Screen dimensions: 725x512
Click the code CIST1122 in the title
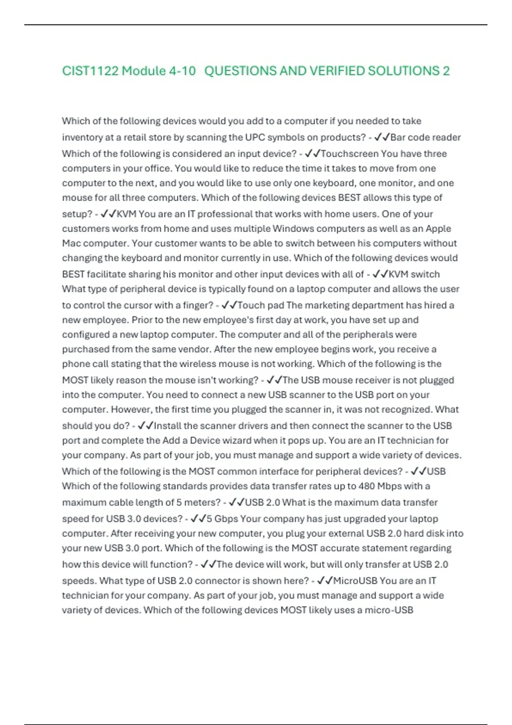[90, 71]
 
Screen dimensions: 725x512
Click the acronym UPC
[255, 137]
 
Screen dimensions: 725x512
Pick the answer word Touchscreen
[349, 154]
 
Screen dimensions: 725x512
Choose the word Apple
[438, 229]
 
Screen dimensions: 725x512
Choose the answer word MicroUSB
[356, 581]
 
